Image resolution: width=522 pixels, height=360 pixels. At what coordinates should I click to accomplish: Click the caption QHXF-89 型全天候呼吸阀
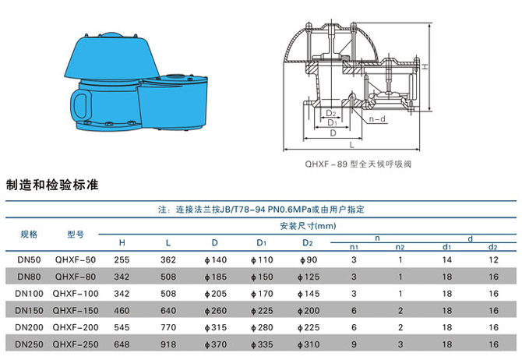358,165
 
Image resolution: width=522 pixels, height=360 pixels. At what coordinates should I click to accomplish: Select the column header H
122,242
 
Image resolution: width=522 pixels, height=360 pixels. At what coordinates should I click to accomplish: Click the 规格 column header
29,233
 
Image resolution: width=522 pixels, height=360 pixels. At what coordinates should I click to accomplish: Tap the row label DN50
29,259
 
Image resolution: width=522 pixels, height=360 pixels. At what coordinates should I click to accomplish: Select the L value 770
168,327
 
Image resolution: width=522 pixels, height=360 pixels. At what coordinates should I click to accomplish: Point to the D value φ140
215,259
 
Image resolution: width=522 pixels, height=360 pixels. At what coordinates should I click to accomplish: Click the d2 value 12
492,259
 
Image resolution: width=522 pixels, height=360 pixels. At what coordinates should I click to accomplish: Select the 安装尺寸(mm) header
306,226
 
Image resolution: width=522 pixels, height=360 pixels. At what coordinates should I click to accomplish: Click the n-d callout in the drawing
377,119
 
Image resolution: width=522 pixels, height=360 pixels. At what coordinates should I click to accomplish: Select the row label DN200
29,327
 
